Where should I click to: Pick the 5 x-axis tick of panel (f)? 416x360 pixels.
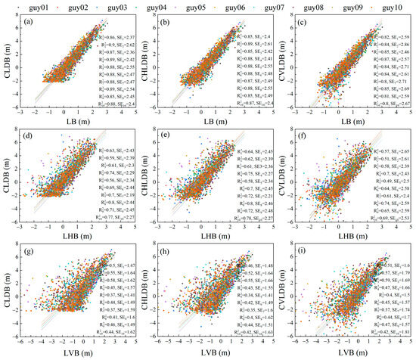[413, 225]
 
